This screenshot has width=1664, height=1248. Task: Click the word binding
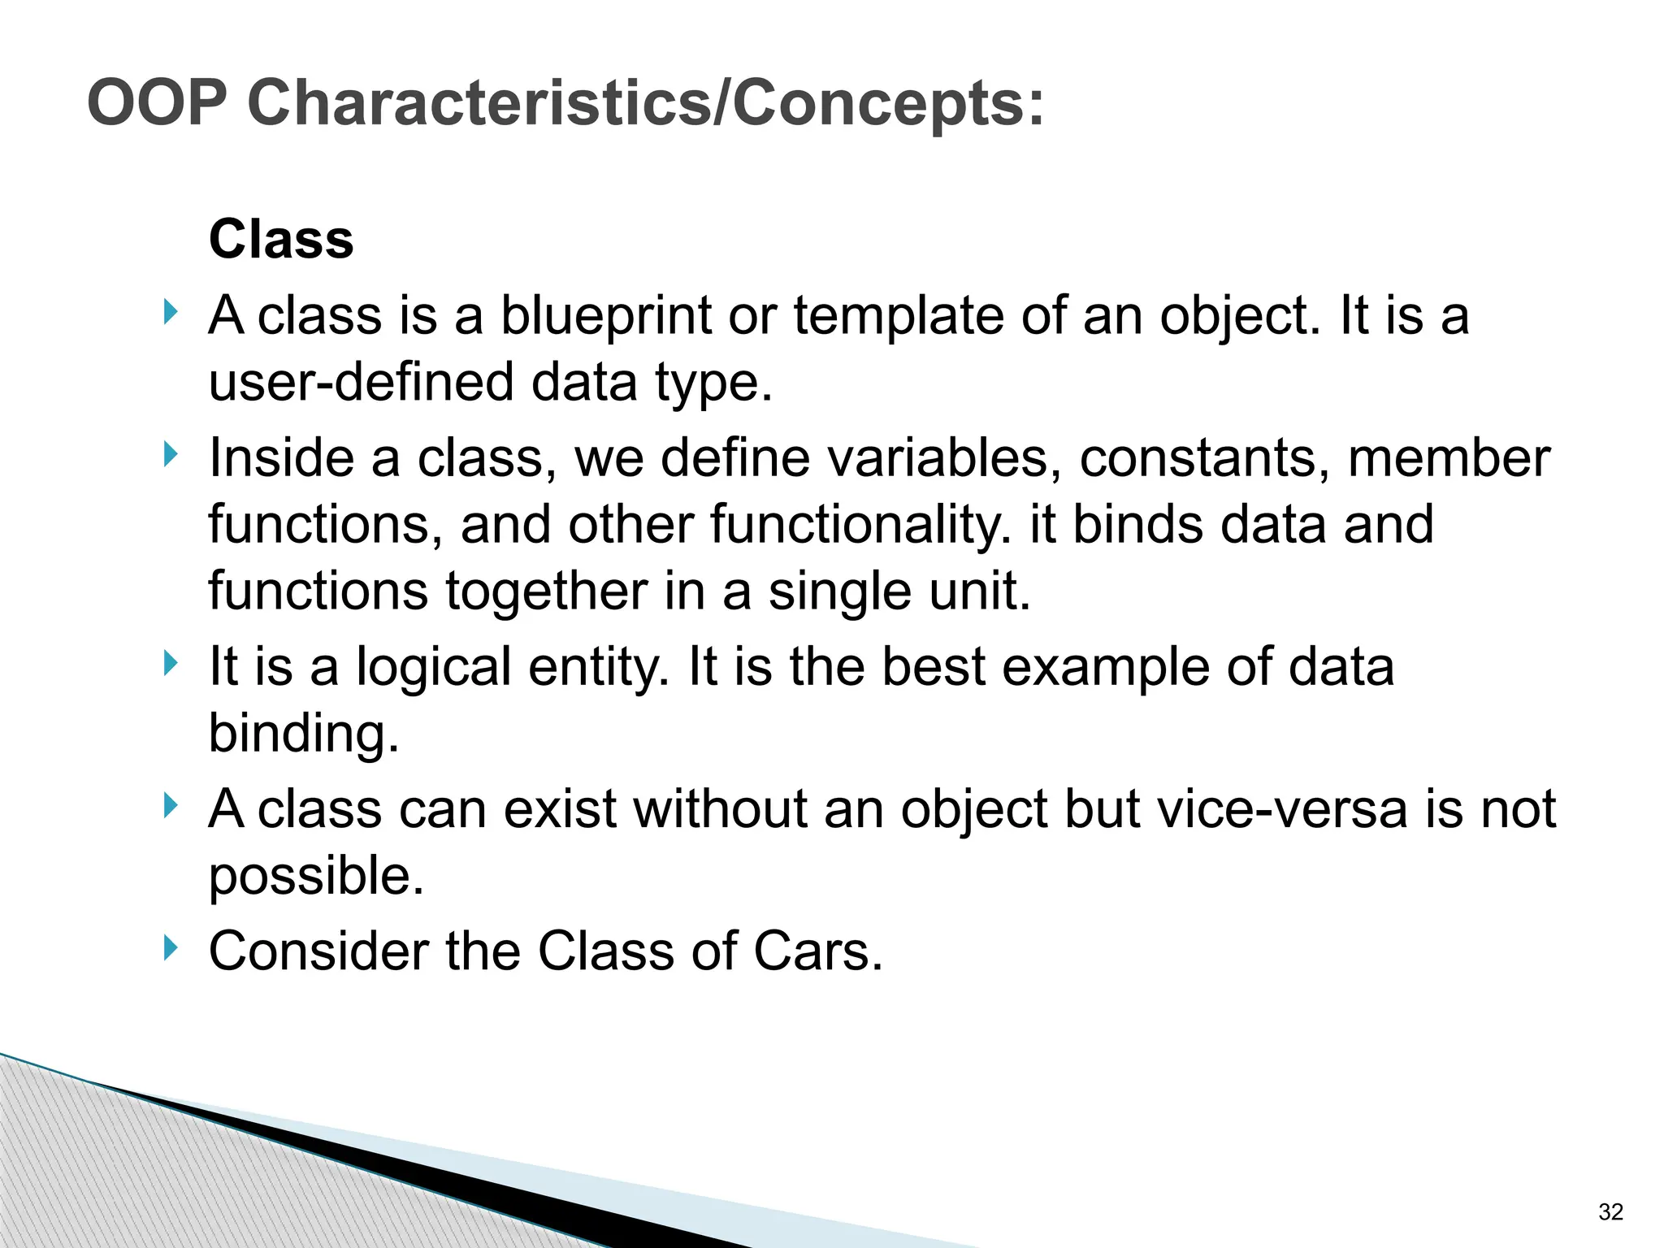point(304,734)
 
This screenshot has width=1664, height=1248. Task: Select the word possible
point(316,876)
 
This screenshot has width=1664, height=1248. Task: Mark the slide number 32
point(1610,1212)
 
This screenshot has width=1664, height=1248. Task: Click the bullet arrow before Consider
point(169,947)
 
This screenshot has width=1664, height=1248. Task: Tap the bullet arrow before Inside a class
point(169,454)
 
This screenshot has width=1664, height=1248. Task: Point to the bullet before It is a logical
point(169,664)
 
